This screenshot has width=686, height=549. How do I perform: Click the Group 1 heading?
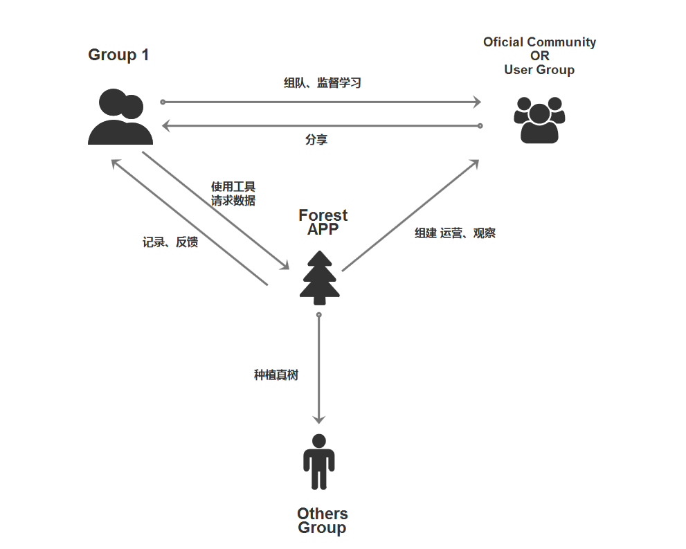coord(118,55)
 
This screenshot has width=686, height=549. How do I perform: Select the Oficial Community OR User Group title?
coord(539,55)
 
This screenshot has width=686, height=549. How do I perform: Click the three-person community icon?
coord(539,120)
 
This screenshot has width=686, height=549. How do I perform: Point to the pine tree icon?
coord(319,277)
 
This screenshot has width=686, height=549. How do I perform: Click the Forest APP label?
coord(323,222)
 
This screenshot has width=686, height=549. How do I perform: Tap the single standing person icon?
coord(318,462)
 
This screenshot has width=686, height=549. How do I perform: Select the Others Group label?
coord(322,521)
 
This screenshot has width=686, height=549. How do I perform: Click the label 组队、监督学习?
coord(322,83)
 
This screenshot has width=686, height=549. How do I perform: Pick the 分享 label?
coord(316,140)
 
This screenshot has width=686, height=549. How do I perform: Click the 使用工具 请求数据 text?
coord(233,194)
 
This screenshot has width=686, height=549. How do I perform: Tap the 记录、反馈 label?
coord(170,242)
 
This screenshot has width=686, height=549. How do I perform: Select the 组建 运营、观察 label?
coord(455,233)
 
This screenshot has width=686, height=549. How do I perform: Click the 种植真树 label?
coord(276,375)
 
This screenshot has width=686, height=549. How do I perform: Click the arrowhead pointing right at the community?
coord(476,102)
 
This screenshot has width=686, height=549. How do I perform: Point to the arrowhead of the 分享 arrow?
coord(166,125)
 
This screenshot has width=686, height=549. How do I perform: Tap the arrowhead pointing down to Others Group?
coord(318,419)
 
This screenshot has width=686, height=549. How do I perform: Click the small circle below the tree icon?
coord(318,315)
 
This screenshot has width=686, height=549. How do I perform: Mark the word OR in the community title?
coord(539,56)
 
